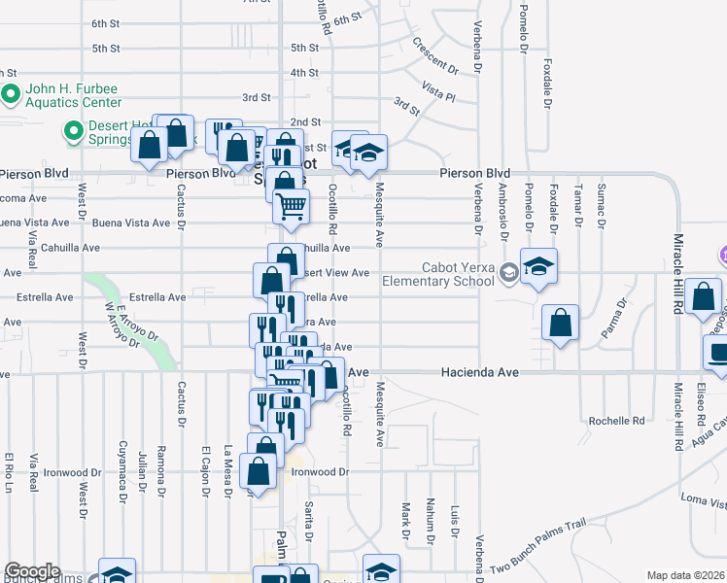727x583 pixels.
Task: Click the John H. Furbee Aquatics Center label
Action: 73,95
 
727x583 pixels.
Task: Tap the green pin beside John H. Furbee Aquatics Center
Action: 12,94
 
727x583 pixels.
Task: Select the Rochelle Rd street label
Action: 617,421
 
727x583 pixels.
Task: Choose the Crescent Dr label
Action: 434,56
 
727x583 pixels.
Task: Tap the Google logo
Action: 32,571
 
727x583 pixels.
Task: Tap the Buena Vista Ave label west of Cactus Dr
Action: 131,223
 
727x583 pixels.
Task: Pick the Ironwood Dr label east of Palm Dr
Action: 317,472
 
